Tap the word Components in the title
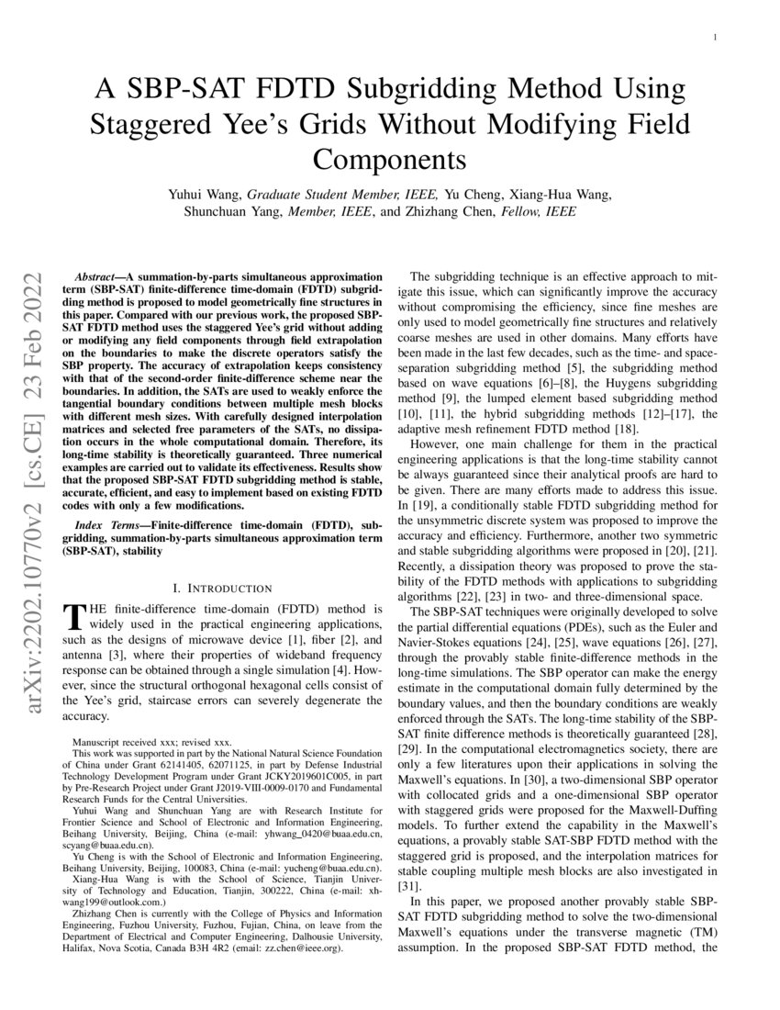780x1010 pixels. [x=390, y=158]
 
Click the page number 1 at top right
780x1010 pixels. [x=715, y=37]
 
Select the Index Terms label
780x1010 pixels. [x=101, y=522]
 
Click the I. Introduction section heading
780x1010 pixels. [x=222, y=588]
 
